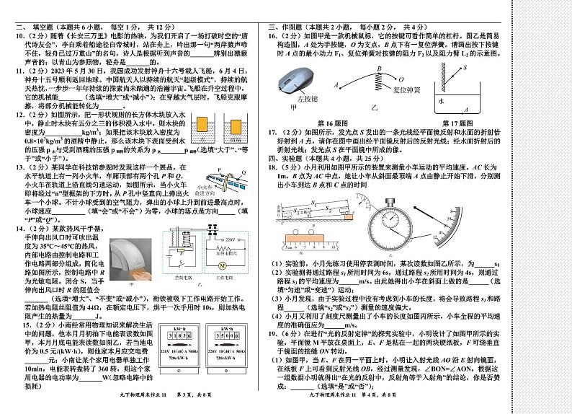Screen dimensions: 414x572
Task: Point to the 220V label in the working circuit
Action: (x=207, y=239)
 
